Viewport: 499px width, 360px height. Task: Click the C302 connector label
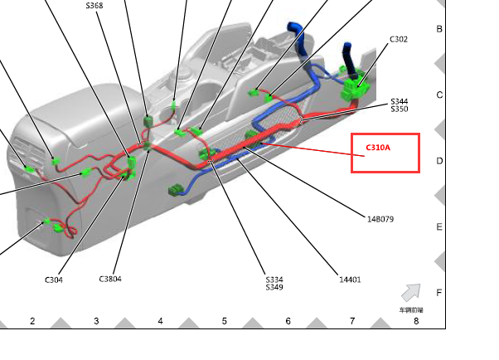point(399,39)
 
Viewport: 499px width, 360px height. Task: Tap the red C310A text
point(378,148)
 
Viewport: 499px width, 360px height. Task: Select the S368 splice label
point(94,6)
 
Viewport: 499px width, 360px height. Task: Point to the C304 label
point(54,280)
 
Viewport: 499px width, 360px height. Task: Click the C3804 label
point(110,279)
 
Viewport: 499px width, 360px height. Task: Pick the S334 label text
point(274,280)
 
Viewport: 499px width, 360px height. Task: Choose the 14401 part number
point(350,280)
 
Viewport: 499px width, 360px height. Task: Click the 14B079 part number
point(380,219)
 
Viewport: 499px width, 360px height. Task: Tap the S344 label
point(400,101)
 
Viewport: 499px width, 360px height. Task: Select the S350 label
point(400,109)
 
